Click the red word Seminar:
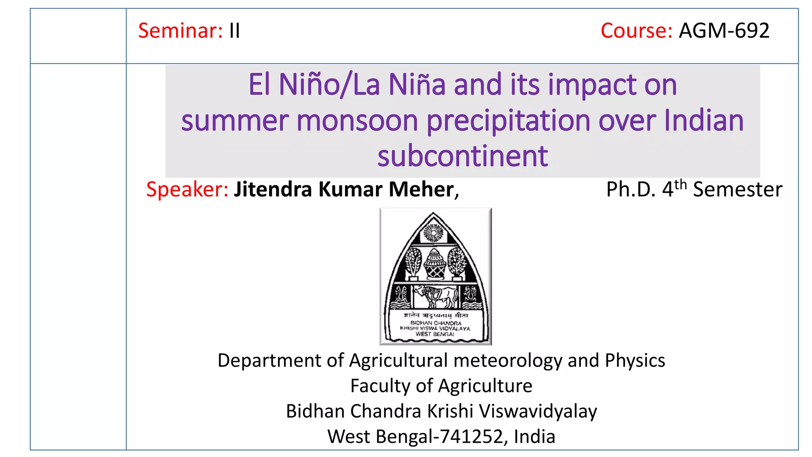pos(180,31)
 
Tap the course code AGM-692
pos(724,31)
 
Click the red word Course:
pos(636,31)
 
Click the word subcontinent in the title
pos(462,156)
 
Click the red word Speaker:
pos(187,189)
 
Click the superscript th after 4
pos(680,184)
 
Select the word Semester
pos(737,189)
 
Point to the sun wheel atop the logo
pos(434,232)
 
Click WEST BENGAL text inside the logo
pos(435,334)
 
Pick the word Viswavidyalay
pos(538,411)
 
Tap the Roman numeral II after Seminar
pos(234,31)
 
